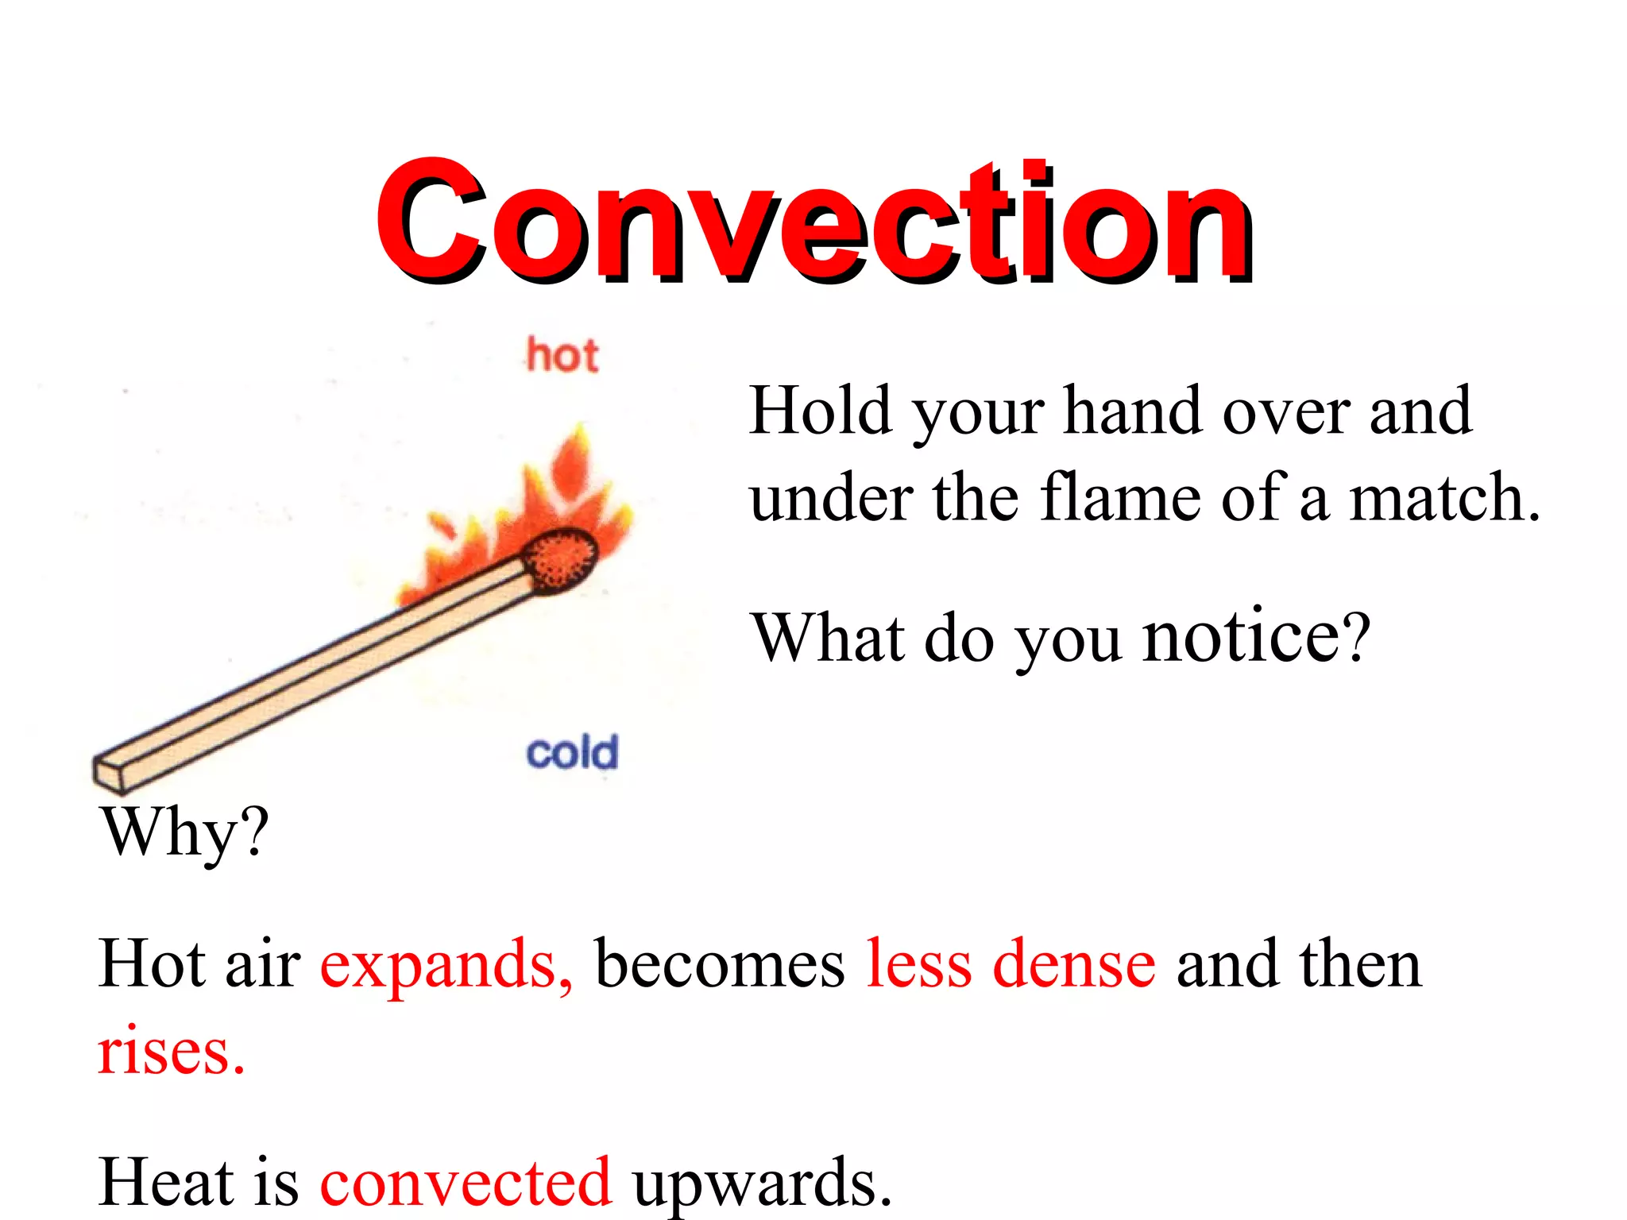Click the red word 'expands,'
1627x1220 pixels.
pyautogui.click(x=446, y=964)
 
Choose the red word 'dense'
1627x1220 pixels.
pyautogui.click(x=1074, y=964)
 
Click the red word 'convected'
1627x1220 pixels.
pyautogui.click(x=466, y=1182)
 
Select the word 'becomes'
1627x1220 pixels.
pyautogui.click(x=720, y=964)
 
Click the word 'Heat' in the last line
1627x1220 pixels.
pyautogui.click(x=167, y=1182)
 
